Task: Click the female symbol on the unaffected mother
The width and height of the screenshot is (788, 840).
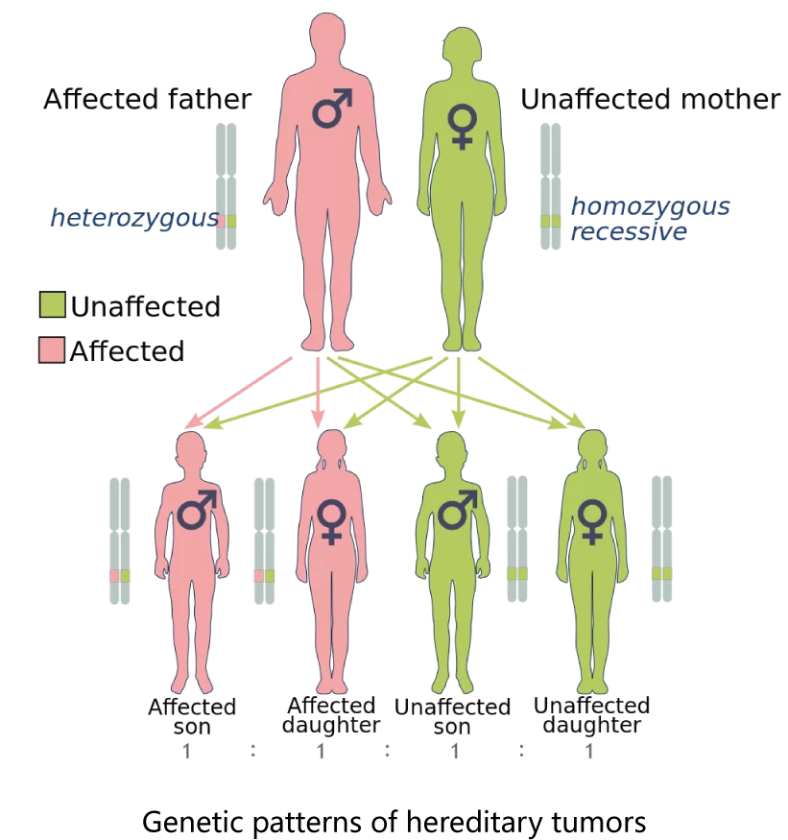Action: [x=463, y=127]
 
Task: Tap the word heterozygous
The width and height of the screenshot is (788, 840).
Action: [x=134, y=219]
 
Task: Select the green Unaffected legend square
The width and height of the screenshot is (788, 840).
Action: [x=53, y=305]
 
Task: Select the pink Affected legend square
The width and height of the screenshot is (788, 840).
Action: [x=52, y=349]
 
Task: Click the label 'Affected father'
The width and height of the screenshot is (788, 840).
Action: [x=147, y=99]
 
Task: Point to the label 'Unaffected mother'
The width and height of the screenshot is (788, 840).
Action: [x=651, y=99]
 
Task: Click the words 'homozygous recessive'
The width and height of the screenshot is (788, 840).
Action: [x=650, y=219]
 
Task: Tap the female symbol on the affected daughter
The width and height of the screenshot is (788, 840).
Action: [x=331, y=521]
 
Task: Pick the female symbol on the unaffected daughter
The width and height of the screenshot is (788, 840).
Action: [x=592, y=521]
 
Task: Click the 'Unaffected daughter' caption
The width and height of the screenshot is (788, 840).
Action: [x=592, y=715]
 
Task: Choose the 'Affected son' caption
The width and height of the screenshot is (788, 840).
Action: [x=192, y=717]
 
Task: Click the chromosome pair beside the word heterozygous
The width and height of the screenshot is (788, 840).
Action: [x=227, y=186]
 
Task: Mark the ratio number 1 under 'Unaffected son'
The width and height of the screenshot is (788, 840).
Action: [x=455, y=752]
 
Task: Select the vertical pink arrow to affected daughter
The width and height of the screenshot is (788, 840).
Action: [x=319, y=393]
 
